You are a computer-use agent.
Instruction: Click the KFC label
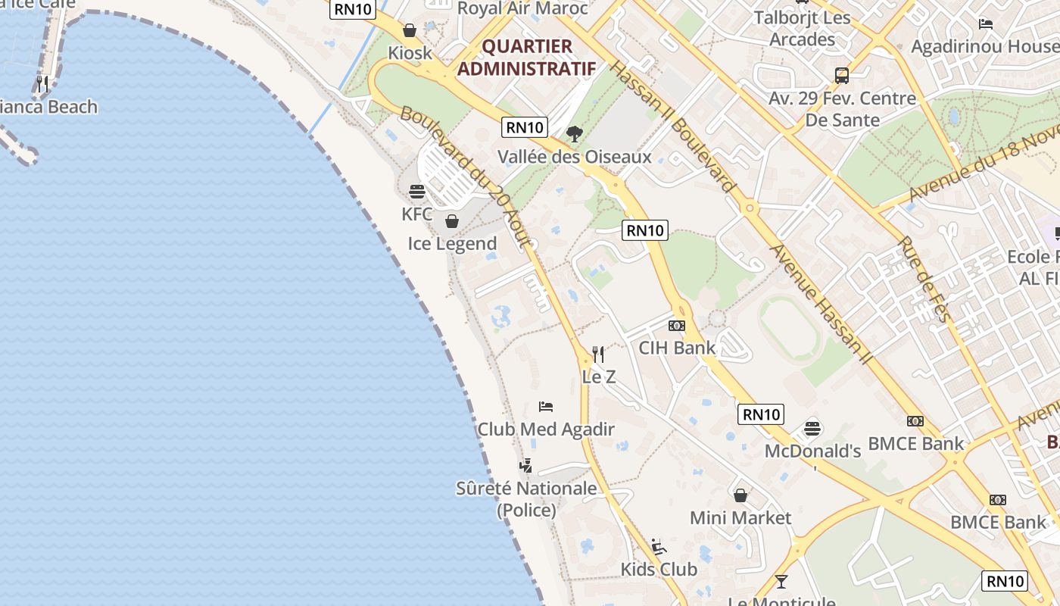point(417,214)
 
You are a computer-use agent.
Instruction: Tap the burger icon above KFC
point(417,191)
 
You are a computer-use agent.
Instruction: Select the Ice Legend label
point(452,243)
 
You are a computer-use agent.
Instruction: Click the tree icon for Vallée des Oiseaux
point(575,134)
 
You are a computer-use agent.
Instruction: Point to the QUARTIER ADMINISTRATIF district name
point(527,58)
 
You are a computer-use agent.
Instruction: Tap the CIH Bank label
point(677,348)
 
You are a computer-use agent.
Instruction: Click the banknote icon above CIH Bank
point(677,326)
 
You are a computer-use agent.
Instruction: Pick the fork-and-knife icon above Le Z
point(598,354)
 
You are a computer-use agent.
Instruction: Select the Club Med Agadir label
point(546,430)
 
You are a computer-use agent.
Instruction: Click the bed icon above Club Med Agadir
point(546,407)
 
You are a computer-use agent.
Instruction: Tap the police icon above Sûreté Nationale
point(526,465)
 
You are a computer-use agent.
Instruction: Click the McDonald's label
point(812,451)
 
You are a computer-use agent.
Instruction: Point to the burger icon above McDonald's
point(812,429)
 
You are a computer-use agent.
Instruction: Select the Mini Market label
point(740,518)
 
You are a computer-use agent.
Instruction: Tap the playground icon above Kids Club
point(659,546)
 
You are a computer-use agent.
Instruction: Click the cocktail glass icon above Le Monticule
point(781,581)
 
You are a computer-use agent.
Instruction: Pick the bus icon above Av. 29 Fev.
point(842,76)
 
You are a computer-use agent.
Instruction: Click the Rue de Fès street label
point(923,280)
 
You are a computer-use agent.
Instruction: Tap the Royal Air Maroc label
point(523,8)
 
